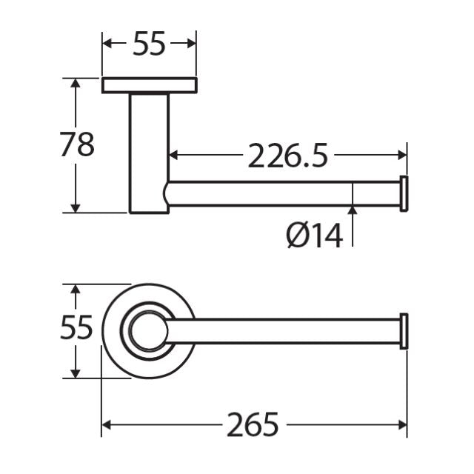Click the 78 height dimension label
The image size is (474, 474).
coord(77,144)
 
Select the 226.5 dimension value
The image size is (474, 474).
coord(287,156)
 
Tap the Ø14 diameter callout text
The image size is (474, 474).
coord(315,236)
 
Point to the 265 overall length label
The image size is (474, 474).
coord(253,425)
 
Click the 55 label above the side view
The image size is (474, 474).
coord(149,45)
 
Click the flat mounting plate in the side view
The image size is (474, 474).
coord(149,85)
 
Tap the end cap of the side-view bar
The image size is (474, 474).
coord(404,195)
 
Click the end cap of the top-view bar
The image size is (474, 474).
coord(404,331)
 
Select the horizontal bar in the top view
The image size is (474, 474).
coord(289,331)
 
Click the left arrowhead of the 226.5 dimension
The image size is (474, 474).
coord(176,156)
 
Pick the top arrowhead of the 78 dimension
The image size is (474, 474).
coord(74,82)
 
